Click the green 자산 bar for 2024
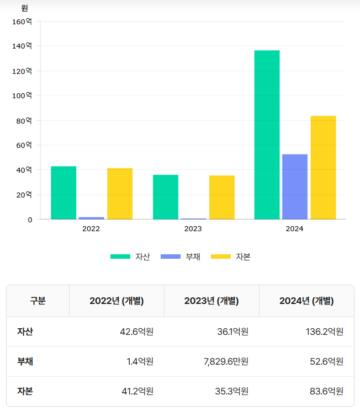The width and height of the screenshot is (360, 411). point(267,135)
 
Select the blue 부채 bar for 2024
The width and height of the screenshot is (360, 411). point(295,186)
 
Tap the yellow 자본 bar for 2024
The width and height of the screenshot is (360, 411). point(323,168)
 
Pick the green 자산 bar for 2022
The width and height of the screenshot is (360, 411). point(63,193)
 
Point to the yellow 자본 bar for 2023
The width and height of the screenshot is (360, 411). point(222,197)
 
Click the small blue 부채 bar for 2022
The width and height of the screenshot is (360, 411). point(92,218)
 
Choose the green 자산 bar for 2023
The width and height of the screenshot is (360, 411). point(166,197)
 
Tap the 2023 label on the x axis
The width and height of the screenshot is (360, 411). point(193,228)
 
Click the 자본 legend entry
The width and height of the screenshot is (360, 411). point(231,257)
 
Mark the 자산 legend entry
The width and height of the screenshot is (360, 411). point(130,257)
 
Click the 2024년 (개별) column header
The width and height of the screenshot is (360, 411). point(306,301)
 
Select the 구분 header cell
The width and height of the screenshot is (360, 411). point(38,301)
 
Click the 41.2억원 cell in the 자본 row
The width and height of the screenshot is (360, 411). point(137,391)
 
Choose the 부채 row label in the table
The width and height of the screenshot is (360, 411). point(25,361)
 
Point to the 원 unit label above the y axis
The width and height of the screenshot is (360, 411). point(24,8)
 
